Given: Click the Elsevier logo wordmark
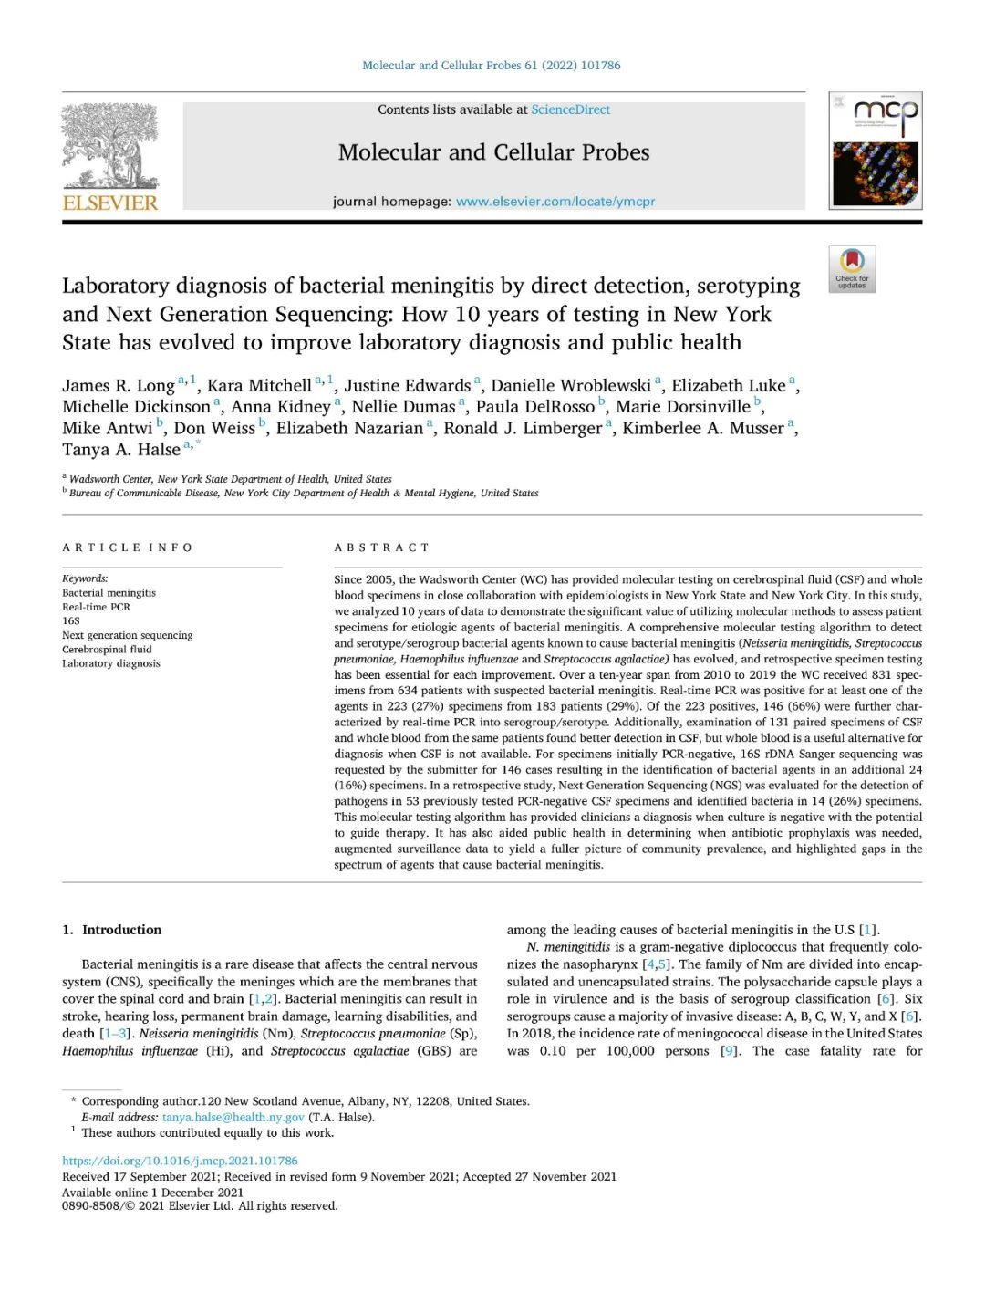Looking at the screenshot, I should click(x=110, y=203).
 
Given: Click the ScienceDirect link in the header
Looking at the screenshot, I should click(x=570, y=109).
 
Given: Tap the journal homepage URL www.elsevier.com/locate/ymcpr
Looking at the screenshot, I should click(x=555, y=202).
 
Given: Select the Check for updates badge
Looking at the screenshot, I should click(x=852, y=269).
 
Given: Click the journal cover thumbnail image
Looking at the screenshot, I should click(x=875, y=151).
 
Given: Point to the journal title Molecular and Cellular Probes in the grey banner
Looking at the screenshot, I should click(x=493, y=152).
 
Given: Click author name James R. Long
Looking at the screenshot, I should click(x=119, y=386).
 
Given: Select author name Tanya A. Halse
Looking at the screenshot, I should click(x=121, y=450).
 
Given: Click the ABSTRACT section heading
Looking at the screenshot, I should click(x=381, y=547).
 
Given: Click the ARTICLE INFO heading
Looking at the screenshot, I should click(x=128, y=547).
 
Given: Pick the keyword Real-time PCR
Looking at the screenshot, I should click(x=96, y=607).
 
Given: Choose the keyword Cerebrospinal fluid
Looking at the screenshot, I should click(x=107, y=650).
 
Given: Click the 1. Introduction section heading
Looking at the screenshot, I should click(x=112, y=930).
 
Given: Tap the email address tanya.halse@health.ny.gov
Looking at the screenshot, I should click(x=233, y=1117).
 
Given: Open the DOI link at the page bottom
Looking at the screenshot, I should click(x=180, y=1161).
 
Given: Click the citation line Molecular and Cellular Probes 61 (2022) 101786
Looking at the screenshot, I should click(x=491, y=66).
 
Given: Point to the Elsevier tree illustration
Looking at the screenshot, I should click(x=110, y=146).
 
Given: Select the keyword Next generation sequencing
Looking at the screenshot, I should click(x=127, y=635).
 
